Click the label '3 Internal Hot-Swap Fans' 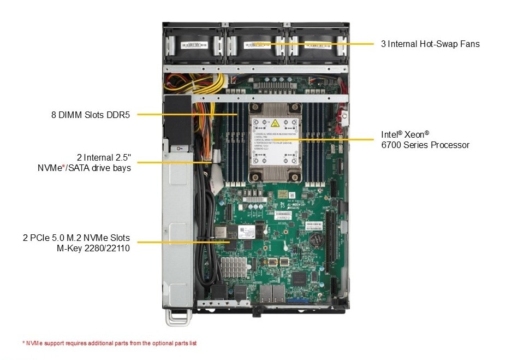click(430, 44)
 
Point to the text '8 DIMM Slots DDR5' click(88, 115)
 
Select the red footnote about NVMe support click(109, 343)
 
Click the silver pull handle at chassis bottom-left click(178, 317)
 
